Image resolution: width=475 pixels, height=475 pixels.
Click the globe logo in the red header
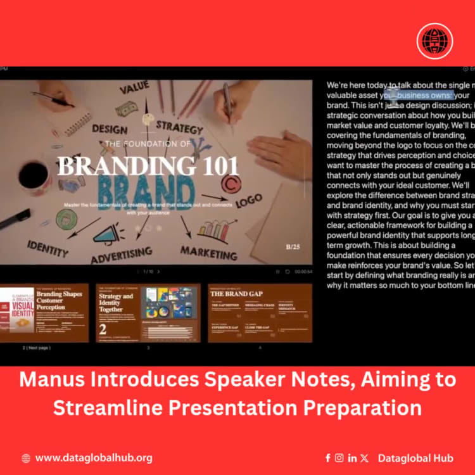pos(434,41)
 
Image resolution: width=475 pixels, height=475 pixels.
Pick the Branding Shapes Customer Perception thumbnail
pos(44,313)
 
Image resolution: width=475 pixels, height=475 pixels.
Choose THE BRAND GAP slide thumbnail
pos(260,313)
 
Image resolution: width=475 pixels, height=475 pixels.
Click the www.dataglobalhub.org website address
pos(94,458)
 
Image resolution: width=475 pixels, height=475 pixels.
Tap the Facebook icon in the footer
pos(327,458)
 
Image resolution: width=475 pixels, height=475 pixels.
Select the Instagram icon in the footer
pos(339,458)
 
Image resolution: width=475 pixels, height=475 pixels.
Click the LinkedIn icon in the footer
pos(352,458)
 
